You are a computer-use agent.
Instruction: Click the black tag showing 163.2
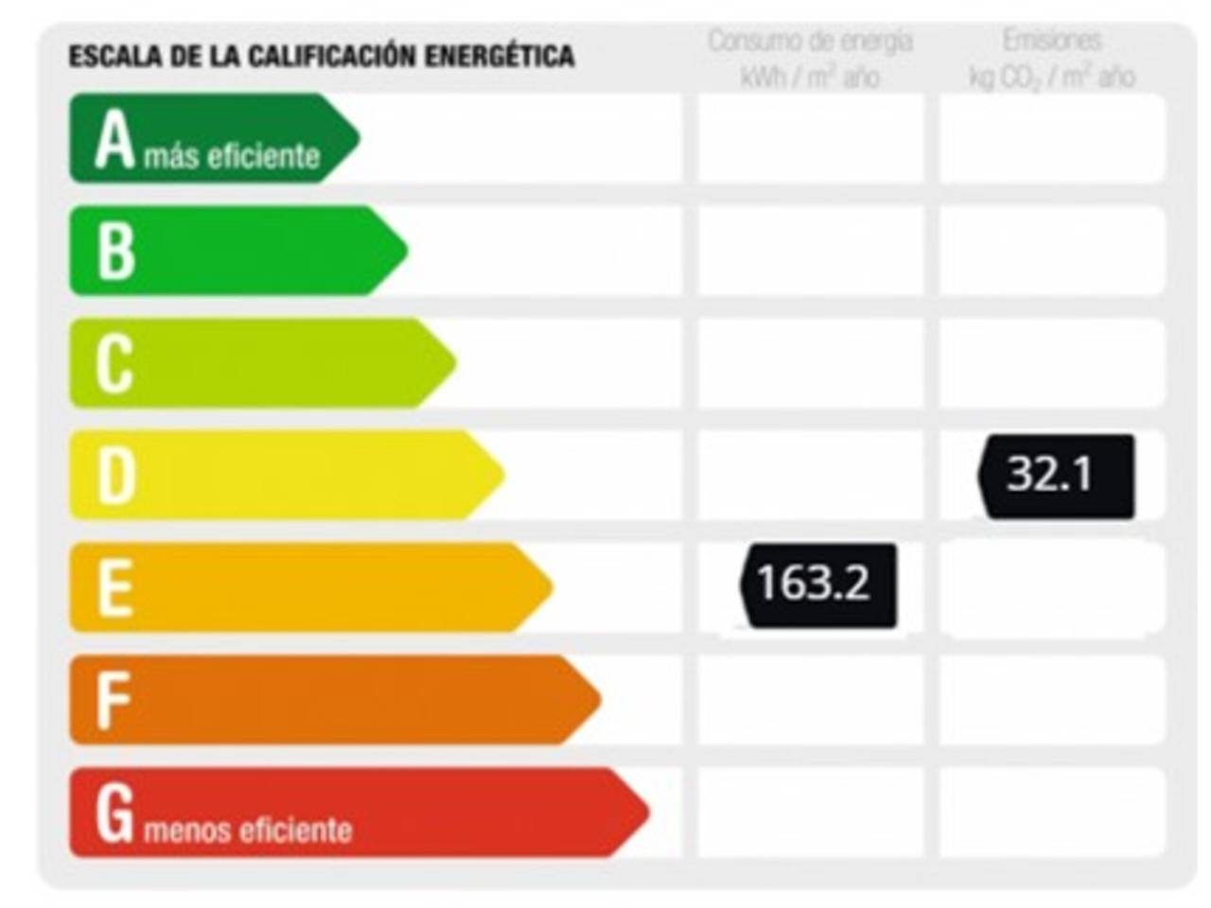[x=817, y=585]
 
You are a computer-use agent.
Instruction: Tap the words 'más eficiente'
[x=233, y=156]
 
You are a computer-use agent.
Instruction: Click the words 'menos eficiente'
[x=248, y=830]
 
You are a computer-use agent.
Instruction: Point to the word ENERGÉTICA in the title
[x=499, y=56]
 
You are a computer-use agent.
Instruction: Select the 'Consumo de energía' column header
[x=811, y=42]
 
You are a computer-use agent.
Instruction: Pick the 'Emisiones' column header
[x=1052, y=42]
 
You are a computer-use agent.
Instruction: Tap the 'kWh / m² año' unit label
[x=811, y=77]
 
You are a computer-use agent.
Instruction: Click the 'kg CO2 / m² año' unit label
[x=1052, y=77]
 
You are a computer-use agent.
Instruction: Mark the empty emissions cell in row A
[x=1052, y=138]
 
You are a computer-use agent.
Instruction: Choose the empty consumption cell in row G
[x=811, y=812]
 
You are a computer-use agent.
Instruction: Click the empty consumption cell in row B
[x=811, y=251]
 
